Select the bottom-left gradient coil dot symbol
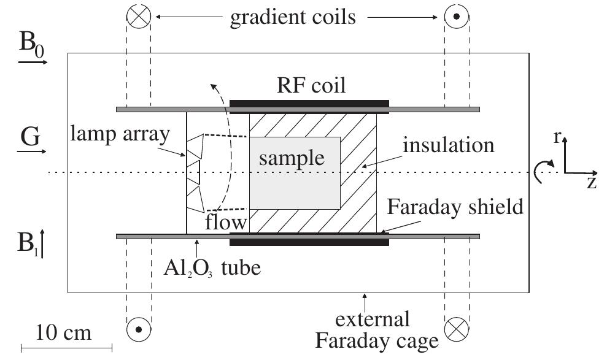(x=139, y=329)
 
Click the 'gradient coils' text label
(x=293, y=17)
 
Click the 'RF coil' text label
(x=309, y=85)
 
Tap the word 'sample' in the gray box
(x=291, y=158)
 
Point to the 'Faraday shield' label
(x=455, y=207)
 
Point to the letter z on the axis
(x=590, y=183)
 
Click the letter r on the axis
(x=558, y=137)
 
